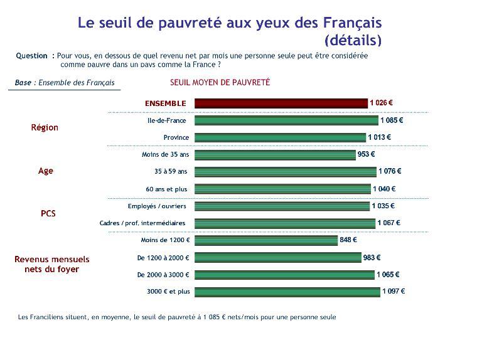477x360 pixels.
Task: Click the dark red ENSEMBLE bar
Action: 281,103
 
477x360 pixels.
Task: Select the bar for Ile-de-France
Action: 286,120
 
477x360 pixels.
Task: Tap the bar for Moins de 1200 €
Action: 265,240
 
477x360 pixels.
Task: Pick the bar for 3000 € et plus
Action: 287,291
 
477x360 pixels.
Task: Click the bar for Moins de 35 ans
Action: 275,154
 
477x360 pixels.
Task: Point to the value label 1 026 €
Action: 382,103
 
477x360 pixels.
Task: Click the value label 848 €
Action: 348,240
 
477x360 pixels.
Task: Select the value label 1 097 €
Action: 394,291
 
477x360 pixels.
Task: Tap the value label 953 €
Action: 366,154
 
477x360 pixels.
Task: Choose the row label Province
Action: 176,137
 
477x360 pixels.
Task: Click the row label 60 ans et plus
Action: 166,189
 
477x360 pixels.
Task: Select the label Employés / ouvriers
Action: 157,206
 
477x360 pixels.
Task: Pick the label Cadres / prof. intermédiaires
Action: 142,223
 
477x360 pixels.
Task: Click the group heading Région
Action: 45,127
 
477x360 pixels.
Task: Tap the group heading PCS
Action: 48,213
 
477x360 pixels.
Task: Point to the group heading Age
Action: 46,171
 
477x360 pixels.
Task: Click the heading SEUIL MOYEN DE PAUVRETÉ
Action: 220,82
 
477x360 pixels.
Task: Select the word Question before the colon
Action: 31,55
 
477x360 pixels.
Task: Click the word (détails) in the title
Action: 353,41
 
